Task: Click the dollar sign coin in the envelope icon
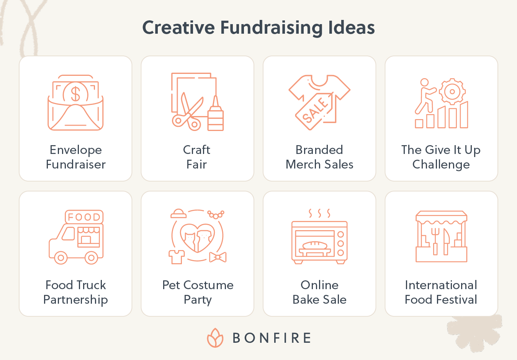pos(75,93)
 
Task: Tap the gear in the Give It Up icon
pos(452,92)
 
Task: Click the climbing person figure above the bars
pos(424,96)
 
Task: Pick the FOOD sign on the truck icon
pos(84,217)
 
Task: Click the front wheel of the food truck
pos(61,257)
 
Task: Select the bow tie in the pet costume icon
pos(218,257)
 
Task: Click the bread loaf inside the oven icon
pos(315,245)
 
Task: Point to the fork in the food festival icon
pos(435,241)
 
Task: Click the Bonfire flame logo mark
pos(215,338)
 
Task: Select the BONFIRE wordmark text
pos(272,338)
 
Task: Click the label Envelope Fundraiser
pos(76,157)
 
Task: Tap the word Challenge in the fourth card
pos(441,165)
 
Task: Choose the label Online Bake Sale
pos(319,292)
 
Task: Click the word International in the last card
pos(441,285)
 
